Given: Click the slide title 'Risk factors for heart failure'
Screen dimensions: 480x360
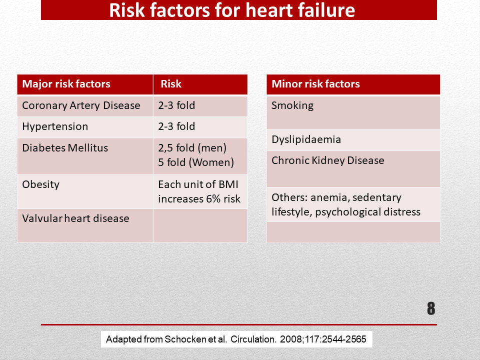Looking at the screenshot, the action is tap(232, 10).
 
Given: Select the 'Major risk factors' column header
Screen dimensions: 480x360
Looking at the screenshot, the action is tap(66, 84).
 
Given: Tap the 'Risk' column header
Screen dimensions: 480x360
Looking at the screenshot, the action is tap(171, 84).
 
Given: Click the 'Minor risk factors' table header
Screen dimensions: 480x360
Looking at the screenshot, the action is tap(315, 84).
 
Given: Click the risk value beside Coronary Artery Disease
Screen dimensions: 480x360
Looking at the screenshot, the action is tap(176, 105).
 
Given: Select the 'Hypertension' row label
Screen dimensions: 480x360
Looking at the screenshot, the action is tap(55, 126).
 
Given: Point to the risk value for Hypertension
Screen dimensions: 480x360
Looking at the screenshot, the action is tap(176, 126).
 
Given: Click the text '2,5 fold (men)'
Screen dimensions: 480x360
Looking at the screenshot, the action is tap(192, 148).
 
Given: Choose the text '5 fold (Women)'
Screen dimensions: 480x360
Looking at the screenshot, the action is tap(196, 162).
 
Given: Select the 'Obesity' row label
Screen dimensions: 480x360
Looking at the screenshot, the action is tap(40, 184).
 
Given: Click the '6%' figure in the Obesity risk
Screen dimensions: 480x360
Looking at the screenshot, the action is tap(213, 199).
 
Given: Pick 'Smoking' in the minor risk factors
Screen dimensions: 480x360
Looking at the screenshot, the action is tap(292, 105).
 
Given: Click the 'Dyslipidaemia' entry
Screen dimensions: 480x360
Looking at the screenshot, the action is tap(306, 139).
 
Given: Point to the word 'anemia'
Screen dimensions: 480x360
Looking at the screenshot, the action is tap(330, 198).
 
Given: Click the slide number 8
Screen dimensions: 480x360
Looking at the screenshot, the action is tap(431, 308).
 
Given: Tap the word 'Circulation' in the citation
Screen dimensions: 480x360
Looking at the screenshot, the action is tap(253, 339).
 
